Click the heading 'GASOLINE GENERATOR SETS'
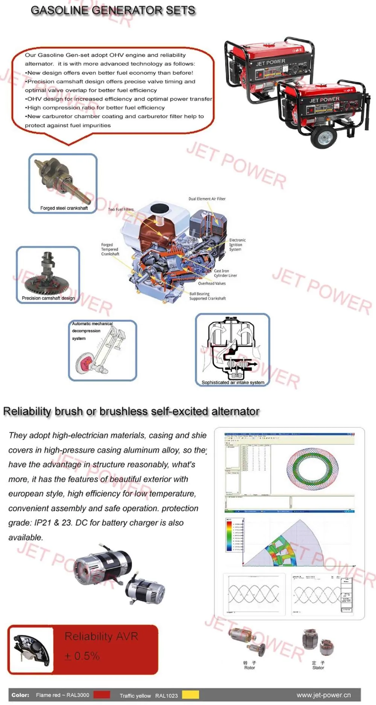pos(113,11)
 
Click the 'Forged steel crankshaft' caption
pos(64,208)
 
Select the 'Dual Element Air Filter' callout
pos(207,199)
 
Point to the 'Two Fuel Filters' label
pos(121,210)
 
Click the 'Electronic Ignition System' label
pos(237,245)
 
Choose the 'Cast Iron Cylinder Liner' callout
pos(225,273)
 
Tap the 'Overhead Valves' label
pos(212,283)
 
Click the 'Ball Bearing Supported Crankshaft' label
pos(208,296)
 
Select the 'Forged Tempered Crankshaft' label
pos(110,249)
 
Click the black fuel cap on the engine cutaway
pos(159,208)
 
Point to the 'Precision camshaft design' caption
pos(48,298)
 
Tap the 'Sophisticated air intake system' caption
pos(233,382)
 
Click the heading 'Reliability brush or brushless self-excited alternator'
pos(131,411)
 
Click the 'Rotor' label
pos(250,668)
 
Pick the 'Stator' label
pos(318,668)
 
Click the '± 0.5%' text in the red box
pos(82,656)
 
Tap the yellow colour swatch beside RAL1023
pos(190,695)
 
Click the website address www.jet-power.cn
pos(323,695)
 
